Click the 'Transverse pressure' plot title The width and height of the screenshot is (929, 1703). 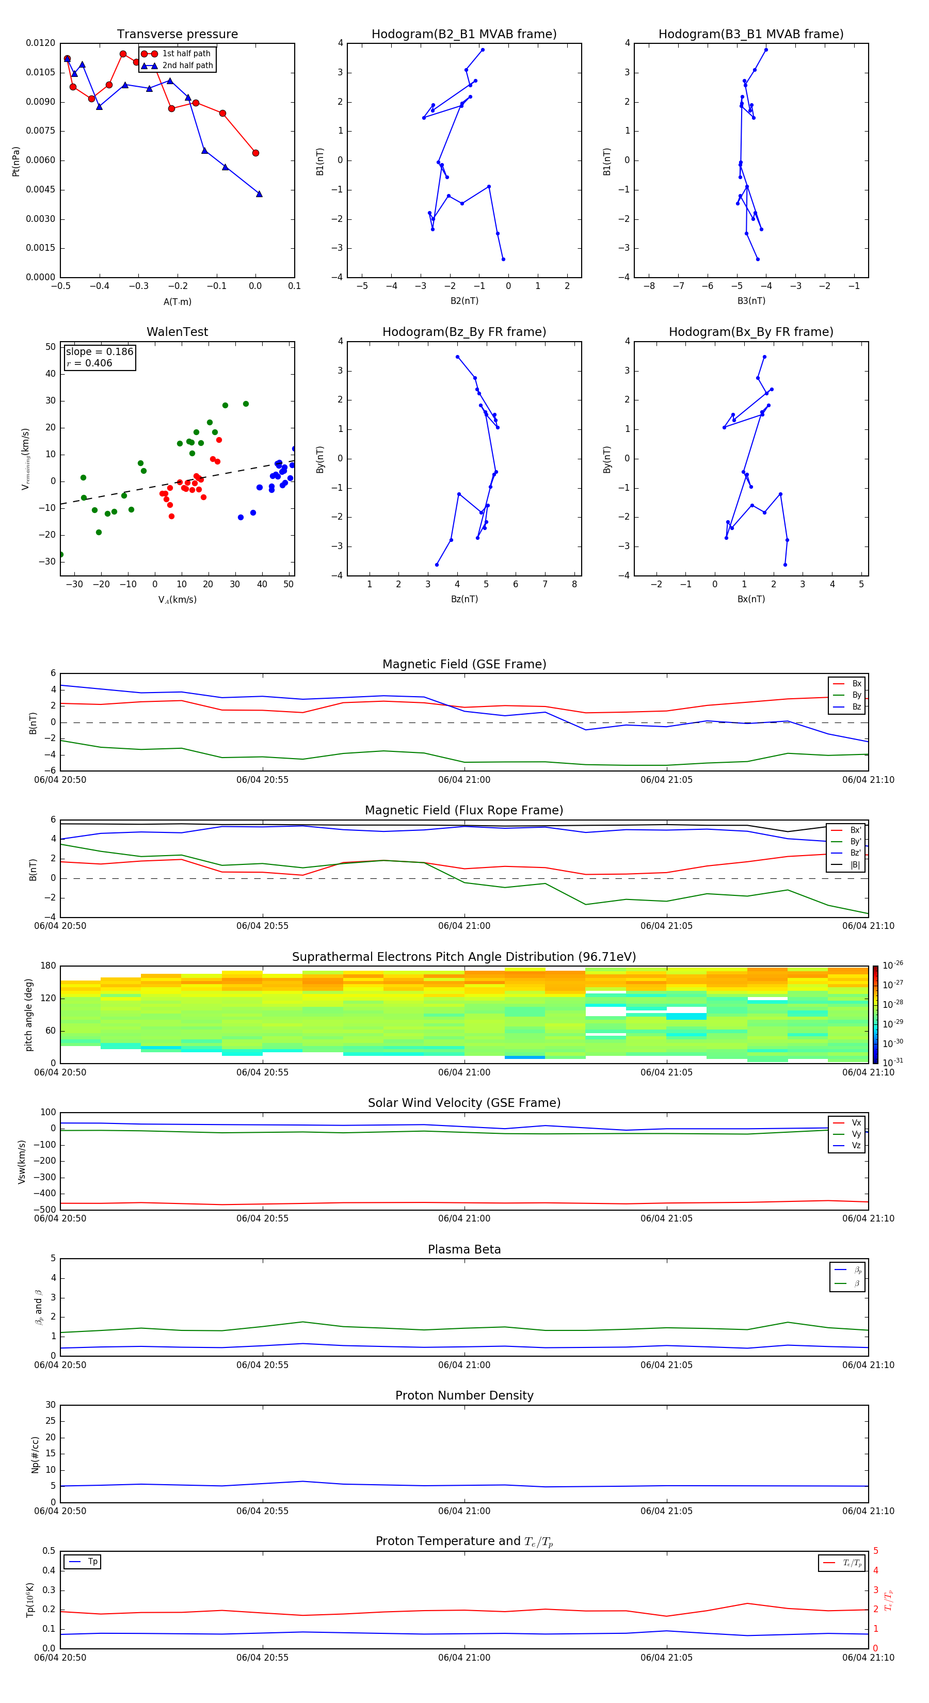177,35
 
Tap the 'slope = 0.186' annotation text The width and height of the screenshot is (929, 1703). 99,352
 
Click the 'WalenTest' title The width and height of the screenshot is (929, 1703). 177,332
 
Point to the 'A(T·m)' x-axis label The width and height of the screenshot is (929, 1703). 177,302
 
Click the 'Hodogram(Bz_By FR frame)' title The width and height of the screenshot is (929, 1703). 464,332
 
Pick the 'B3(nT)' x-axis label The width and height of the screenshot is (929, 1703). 751,301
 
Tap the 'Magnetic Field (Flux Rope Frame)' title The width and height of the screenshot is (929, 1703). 464,811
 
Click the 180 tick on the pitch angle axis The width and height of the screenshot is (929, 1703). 49,966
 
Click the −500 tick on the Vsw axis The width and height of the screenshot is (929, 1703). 45,1210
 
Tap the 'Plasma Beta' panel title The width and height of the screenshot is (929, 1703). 464,1249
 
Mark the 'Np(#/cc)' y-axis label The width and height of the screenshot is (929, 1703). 36,1454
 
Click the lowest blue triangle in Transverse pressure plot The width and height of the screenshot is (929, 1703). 259,194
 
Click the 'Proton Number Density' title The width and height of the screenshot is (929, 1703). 464,1395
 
